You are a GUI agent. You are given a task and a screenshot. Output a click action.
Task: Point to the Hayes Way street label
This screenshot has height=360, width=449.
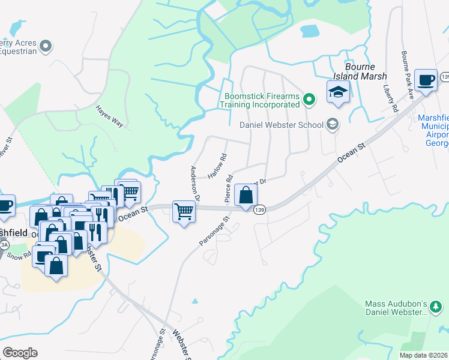pos(109,116)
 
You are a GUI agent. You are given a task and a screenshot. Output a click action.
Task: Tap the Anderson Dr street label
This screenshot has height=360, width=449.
pos(195,182)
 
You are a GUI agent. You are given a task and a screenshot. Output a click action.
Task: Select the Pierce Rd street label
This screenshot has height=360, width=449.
pos(229,187)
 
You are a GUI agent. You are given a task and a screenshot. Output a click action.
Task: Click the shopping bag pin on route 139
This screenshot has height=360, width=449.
pos(246,195)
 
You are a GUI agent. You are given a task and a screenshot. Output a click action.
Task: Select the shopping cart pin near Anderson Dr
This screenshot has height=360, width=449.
pos(184,211)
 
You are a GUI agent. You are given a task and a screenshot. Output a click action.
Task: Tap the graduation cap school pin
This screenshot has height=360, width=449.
pos(338,92)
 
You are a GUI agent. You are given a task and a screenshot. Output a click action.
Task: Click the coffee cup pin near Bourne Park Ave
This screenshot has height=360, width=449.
pos(426,80)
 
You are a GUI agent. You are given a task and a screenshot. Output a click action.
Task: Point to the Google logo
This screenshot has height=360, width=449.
pos(20,353)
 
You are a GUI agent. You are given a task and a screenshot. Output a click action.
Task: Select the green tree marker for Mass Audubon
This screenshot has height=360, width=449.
pos(436,308)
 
